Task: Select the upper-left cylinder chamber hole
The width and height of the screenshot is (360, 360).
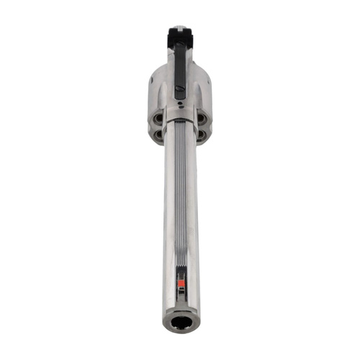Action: click(158, 117)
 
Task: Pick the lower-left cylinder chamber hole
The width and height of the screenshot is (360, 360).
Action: click(158, 133)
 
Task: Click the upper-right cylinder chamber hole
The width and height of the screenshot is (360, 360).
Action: click(201, 117)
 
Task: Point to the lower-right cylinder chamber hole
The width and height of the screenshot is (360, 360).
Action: click(201, 133)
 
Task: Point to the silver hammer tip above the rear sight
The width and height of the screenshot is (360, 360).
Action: click(180, 27)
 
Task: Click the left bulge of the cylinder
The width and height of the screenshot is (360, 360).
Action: click(156, 90)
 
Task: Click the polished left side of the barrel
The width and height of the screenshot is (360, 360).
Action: click(169, 216)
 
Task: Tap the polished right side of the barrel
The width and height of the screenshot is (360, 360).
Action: click(192, 216)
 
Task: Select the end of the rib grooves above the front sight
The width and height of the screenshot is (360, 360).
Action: click(181, 268)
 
